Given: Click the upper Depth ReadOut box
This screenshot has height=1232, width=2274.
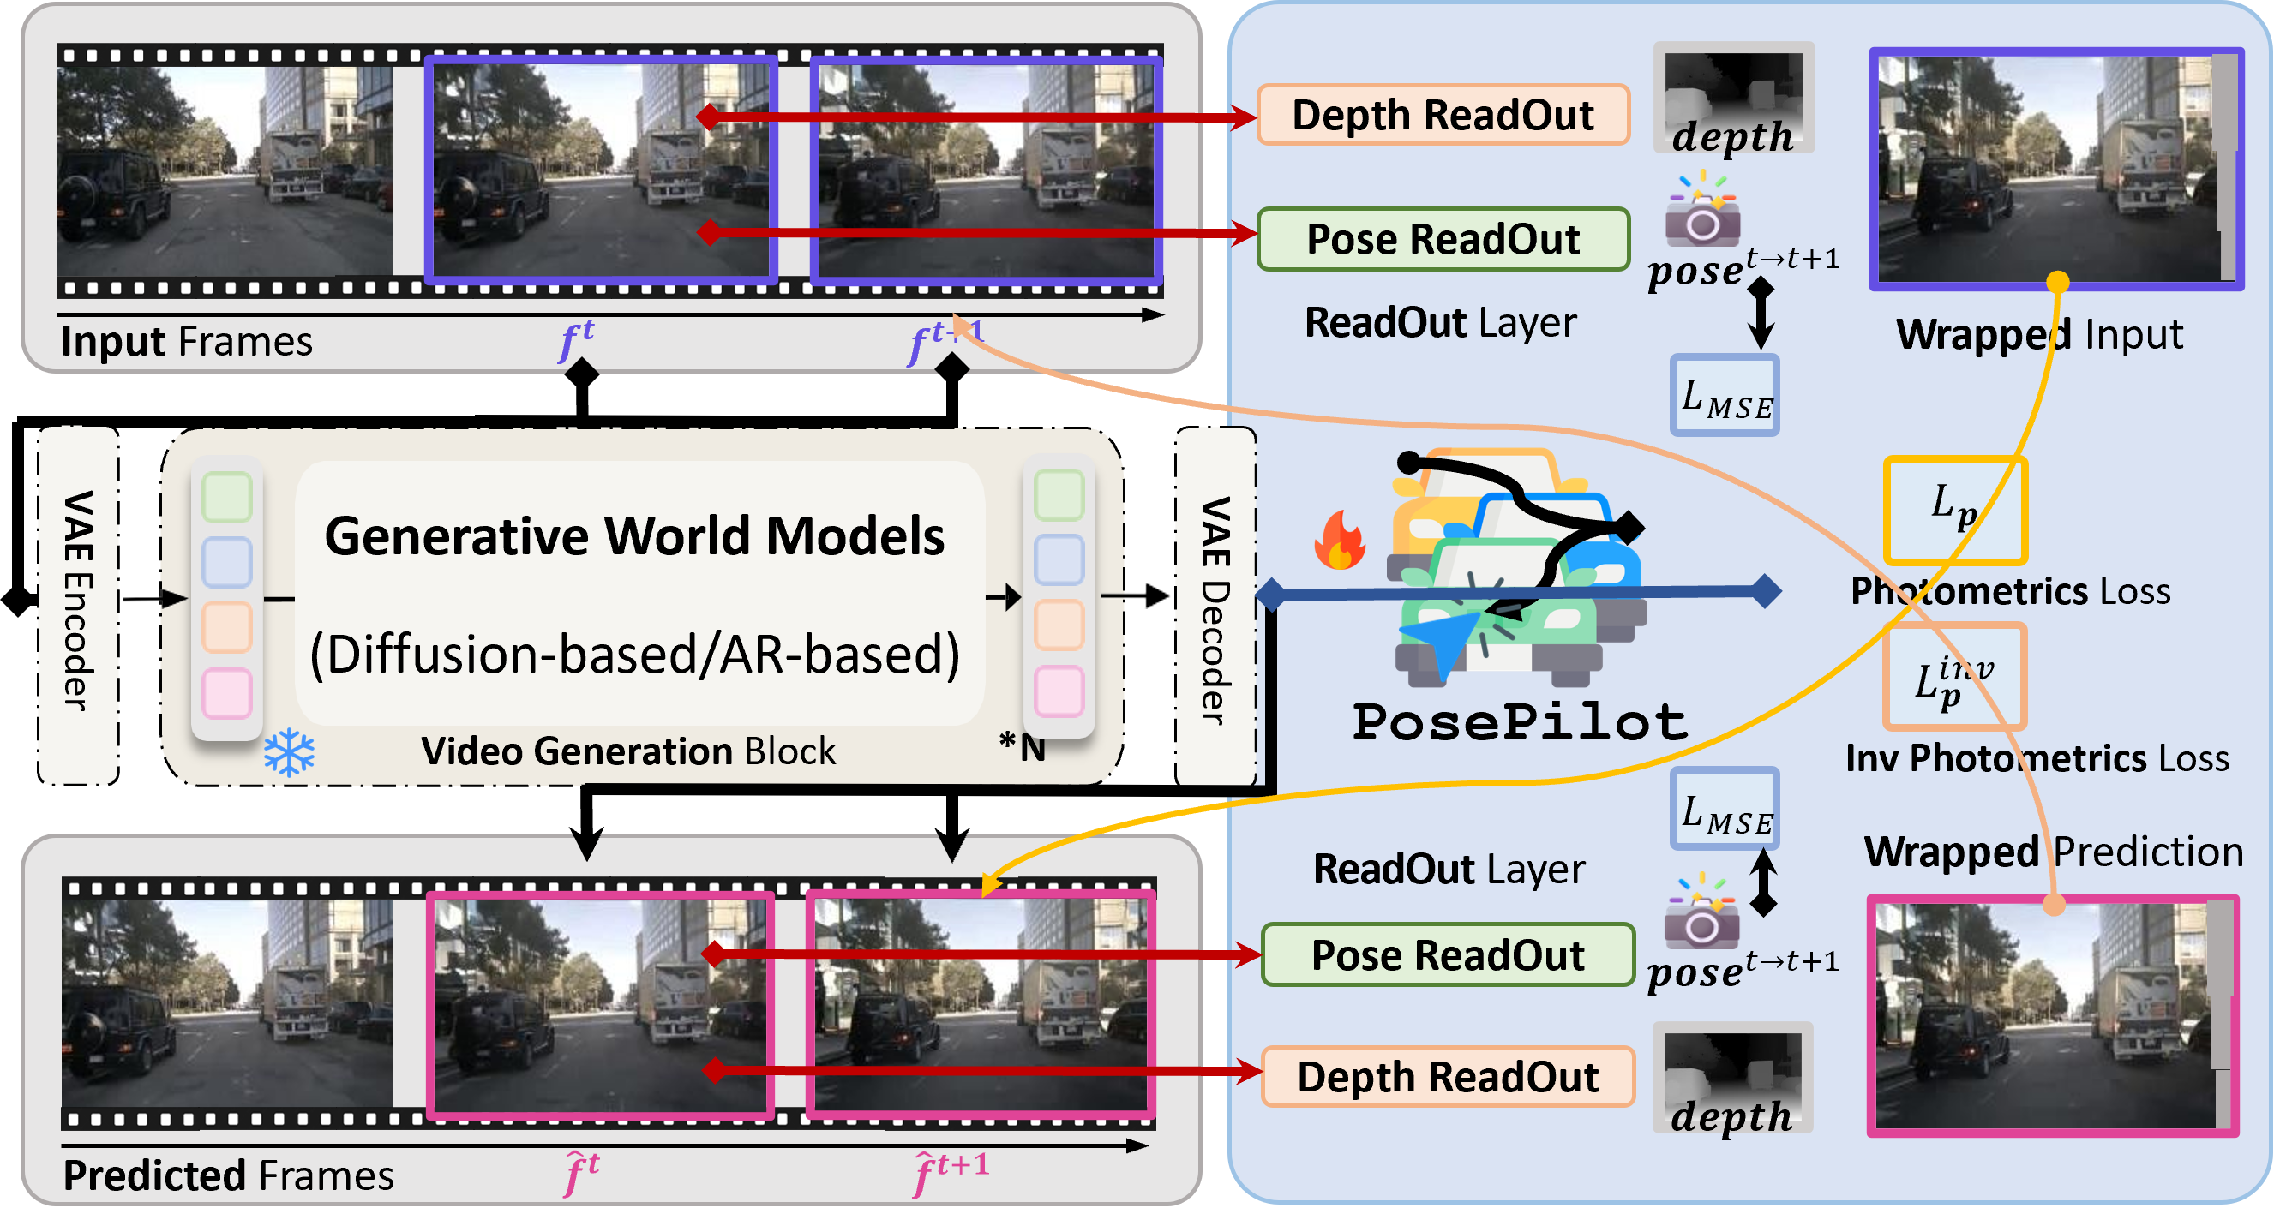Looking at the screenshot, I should [x=1443, y=115].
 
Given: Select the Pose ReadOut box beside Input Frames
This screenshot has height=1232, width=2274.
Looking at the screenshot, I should [x=1443, y=239].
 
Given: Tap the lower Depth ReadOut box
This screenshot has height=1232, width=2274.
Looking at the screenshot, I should [x=1448, y=1077].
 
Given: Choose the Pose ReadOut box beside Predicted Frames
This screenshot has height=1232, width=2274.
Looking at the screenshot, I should [x=1448, y=955].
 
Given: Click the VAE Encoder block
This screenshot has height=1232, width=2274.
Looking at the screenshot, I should [x=78, y=605].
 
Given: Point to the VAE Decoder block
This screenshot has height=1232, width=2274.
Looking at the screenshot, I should [x=1215, y=607].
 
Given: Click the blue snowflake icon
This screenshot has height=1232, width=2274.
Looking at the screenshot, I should [x=289, y=753].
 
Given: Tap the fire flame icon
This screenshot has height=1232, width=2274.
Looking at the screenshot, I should [x=1339, y=540].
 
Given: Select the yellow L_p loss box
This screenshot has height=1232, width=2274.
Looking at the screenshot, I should [x=1954, y=510].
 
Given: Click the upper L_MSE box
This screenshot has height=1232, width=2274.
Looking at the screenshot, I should [x=1725, y=395].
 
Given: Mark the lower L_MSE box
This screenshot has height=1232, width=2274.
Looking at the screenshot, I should [x=1725, y=810].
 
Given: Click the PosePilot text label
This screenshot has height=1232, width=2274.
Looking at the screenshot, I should [x=1519, y=722].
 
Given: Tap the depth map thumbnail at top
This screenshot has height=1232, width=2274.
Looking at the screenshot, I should [x=1734, y=97].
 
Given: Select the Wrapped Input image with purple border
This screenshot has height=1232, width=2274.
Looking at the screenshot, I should [x=2056, y=169].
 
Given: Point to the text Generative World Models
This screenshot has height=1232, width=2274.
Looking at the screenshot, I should [x=633, y=535].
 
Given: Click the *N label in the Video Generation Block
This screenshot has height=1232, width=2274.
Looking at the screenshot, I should [x=1022, y=746].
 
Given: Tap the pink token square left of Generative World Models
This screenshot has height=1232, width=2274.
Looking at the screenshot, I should [x=227, y=693].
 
